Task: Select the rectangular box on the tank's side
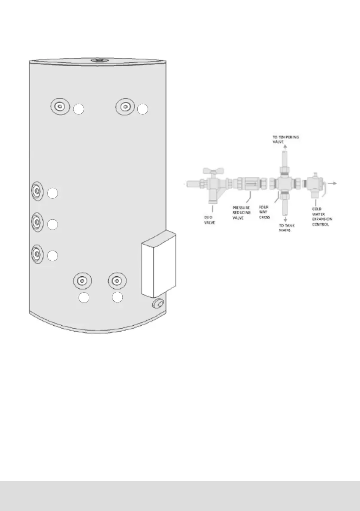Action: pyautogui.click(x=158, y=264)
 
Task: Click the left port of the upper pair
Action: pyautogui.click(x=61, y=106)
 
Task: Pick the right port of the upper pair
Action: pyautogui.click(x=125, y=106)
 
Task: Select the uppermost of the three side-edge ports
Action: pyautogui.click(x=37, y=190)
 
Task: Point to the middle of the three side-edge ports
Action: pyautogui.click(x=37, y=221)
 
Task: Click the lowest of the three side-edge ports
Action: pyautogui.click(x=37, y=253)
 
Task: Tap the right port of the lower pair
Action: pyautogui.click(x=116, y=281)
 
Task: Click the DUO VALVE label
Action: pyautogui.click(x=210, y=220)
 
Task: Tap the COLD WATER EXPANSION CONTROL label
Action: pyautogui.click(x=322, y=216)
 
